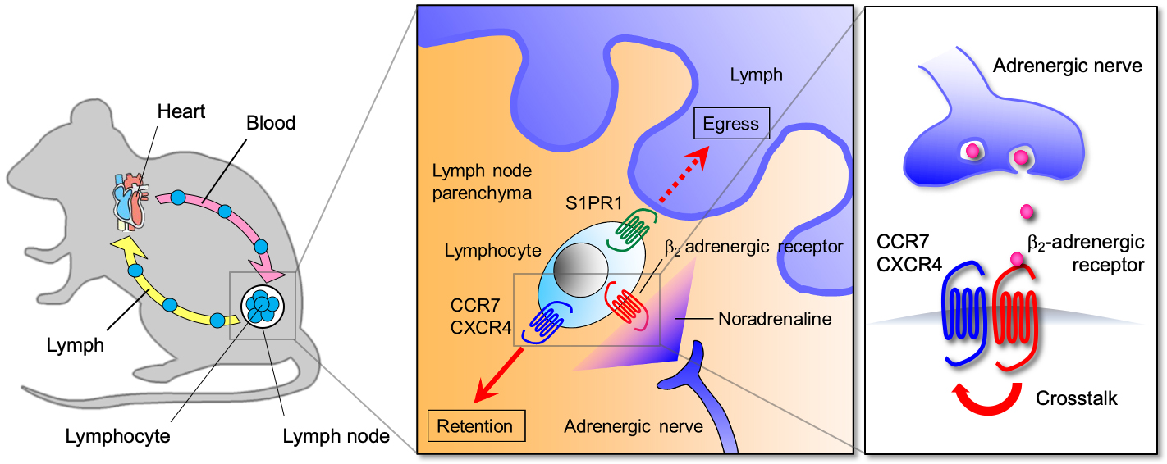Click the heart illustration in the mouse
(x=130, y=202)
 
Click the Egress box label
(x=731, y=125)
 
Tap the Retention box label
(x=475, y=426)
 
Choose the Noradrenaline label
(x=775, y=319)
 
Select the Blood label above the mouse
(x=270, y=123)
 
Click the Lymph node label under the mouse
(x=336, y=436)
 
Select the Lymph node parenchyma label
(x=482, y=182)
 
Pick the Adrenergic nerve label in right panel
(x=1067, y=66)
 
